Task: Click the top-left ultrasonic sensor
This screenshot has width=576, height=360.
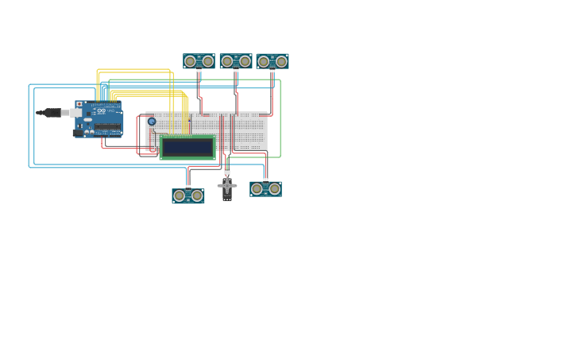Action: [199, 61]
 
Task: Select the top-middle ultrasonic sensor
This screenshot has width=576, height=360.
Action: [236, 61]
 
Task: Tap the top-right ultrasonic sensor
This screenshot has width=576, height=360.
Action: [273, 61]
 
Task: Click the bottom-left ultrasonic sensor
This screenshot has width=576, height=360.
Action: [188, 195]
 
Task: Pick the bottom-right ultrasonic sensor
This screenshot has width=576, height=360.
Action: [265, 188]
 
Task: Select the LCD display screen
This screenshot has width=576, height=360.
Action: [187, 147]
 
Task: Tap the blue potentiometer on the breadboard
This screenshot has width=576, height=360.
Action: [152, 122]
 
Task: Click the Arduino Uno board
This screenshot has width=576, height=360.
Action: [99, 118]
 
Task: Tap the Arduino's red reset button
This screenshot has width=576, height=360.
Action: [79, 104]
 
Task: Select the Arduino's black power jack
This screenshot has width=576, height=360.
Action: [78, 133]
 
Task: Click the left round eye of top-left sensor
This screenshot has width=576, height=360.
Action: [190, 61]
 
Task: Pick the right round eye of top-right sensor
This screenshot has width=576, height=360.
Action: [281, 61]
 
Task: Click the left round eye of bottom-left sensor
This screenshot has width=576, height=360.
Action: [180, 195]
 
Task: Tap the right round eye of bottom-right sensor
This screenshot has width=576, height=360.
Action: [274, 188]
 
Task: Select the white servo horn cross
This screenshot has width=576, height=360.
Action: [227, 186]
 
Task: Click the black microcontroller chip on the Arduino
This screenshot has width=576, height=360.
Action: [108, 126]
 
